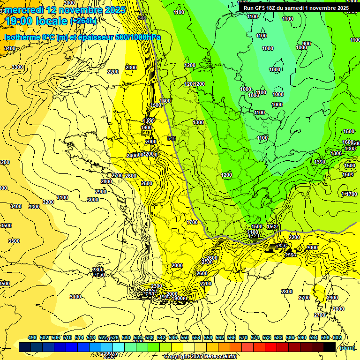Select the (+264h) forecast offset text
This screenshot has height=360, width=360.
point(83,21)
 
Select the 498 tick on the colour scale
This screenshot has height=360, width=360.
point(32,337)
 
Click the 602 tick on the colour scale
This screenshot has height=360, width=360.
point(337,337)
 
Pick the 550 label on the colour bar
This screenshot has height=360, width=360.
point(185,337)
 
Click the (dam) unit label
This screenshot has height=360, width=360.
point(347,347)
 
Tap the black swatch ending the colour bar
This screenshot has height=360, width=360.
point(330,347)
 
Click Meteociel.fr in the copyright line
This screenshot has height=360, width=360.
point(220,357)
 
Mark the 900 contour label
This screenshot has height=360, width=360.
point(306,44)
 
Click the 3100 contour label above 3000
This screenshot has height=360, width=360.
point(62,197)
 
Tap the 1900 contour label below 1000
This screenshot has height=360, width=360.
point(147,127)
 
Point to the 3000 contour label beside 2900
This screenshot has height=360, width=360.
point(93,200)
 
